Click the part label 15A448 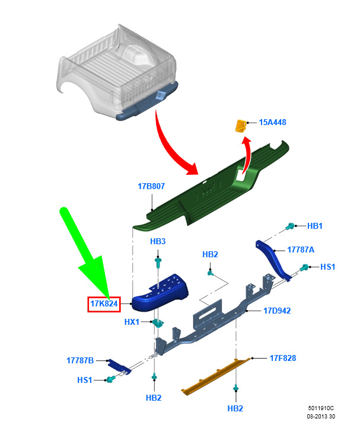(272, 123)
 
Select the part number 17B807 (151, 186)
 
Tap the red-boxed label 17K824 (104, 304)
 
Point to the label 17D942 (277, 311)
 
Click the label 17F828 (283, 358)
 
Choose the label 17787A (301, 250)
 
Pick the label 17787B (80, 360)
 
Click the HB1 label (315, 226)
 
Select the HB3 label (158, 241)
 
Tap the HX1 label (132, 322)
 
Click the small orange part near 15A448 (241, 126)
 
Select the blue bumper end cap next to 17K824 (160, 293)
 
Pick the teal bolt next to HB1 (290, 226)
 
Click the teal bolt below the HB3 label (158, 262)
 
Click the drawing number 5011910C (321, 408)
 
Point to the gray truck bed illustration (117, 73)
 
